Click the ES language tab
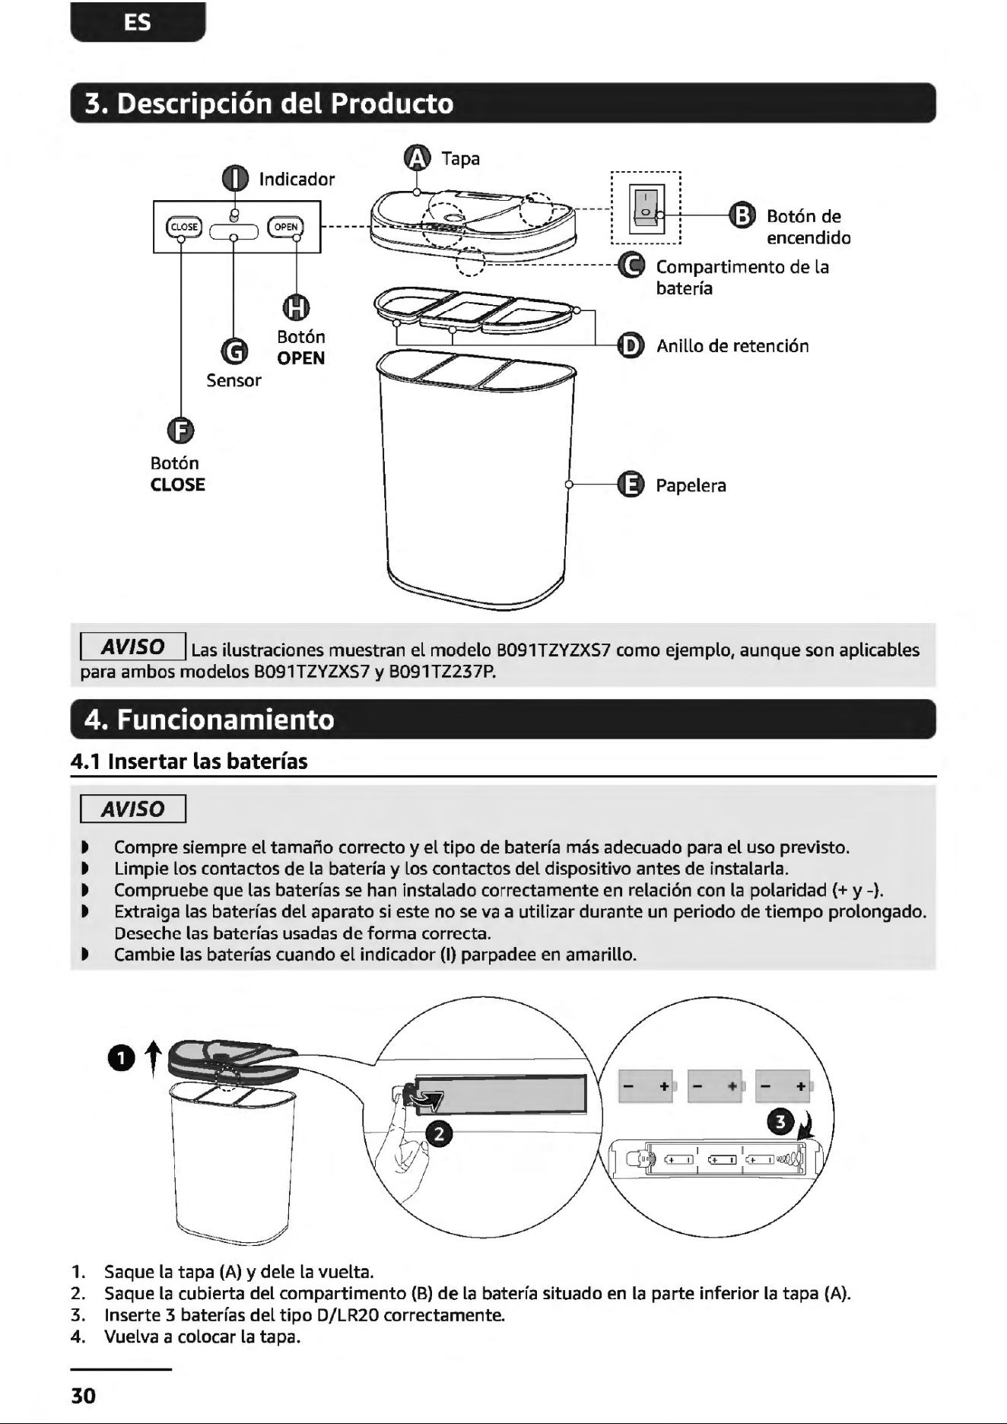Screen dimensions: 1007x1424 [138, 22]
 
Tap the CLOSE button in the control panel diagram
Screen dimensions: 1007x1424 [183, 227]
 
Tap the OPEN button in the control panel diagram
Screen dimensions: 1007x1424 [285, 227]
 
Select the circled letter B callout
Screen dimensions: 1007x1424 [742, 215]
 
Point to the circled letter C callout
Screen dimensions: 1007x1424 [631, 265]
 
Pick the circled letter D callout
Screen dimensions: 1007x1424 [631, 345]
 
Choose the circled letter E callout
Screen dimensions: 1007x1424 [631, 485]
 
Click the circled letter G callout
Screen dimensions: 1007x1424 [234, 351]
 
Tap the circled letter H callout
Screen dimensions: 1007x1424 [297, 307]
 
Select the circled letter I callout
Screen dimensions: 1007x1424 [235, 179]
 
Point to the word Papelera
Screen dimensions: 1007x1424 [691, 485]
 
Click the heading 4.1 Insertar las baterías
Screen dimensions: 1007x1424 [189, 761]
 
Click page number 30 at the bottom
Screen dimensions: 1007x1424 [84, 1396]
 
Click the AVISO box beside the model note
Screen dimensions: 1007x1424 [134, 647]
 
